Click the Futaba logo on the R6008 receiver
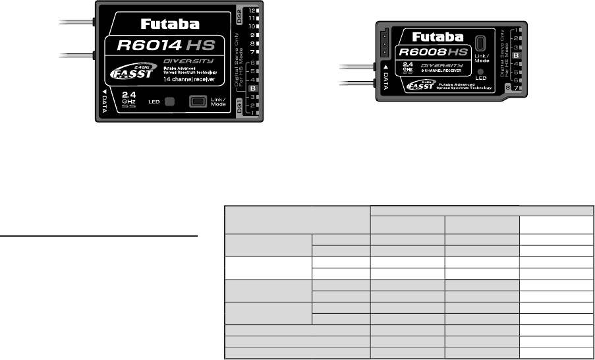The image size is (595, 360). coord(438,37)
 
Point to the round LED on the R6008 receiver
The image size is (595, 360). coord(480,72)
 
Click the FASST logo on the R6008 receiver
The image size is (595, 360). coord(420,86)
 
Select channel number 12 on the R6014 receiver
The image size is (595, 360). coord(252,12)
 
